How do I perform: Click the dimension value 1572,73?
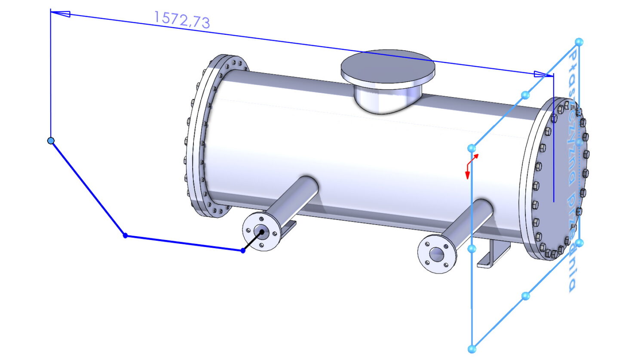(182, 20)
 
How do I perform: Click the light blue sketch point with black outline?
(51, 141)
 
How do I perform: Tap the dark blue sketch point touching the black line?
(243, 251)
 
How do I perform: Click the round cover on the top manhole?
(388, 67)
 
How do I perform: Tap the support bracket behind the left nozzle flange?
(291, 225)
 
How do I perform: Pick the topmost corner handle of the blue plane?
(579, 42)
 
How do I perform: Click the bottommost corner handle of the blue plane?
(472, 348)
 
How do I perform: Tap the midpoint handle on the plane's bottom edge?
(525, 295)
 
